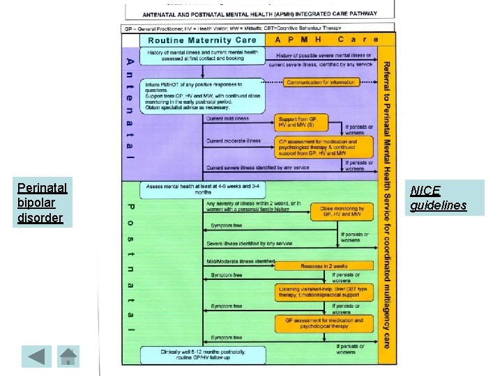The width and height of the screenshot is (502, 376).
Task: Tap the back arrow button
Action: coord(36,356)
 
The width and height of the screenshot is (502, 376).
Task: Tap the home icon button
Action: coord(68,356)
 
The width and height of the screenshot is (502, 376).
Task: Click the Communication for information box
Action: coord(322,82)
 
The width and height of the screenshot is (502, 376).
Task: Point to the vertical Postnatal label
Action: coord(130,268)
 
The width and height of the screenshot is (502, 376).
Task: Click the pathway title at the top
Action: coord(260,13)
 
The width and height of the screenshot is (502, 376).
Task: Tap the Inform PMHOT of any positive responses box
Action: coord(202,95)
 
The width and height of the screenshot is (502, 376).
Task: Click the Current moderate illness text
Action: coord(234,141)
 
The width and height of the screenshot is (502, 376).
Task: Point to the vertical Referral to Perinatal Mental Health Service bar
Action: coord(386,202)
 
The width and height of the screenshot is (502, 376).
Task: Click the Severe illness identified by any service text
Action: coord(250,244)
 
